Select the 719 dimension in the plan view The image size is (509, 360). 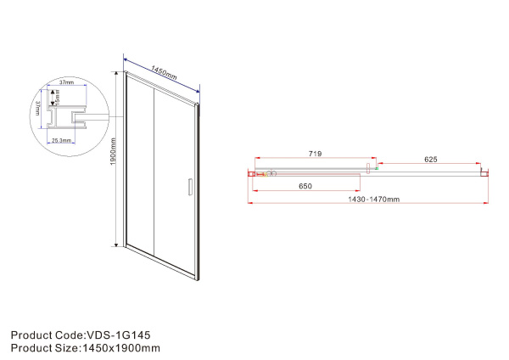pos(312,155)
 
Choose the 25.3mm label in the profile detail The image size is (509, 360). pos(61,139)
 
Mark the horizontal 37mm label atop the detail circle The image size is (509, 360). pos(66,83)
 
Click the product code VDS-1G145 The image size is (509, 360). pos(119,335)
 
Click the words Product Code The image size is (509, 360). pos(45,335)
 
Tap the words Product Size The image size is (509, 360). pos(42,348)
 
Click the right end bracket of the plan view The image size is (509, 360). pos(484,172)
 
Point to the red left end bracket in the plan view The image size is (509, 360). pos(251,174)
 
